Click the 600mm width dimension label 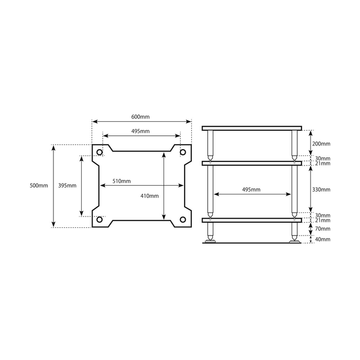click(x=141, y=117)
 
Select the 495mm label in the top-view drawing click(x=140, y=132)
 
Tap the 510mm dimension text click(x=121, y=181)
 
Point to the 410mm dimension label click(x=150, y=195)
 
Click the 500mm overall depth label click(x=39, y=185)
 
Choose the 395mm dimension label click(x=67, y=185)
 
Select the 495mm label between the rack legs click(x=251, y=190)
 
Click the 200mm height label click(x=322, y=143)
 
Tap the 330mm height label click(x=322, y=190)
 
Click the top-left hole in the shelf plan click(x=100, y=152)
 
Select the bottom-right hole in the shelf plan click(x=183, y=220)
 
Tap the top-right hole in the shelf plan click(x=183, y=152)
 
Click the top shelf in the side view click(x=251, y=128)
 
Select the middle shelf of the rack click(x=251, y=164)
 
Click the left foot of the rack click(x=210, y=239)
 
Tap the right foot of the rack click(x=294, y=239)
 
